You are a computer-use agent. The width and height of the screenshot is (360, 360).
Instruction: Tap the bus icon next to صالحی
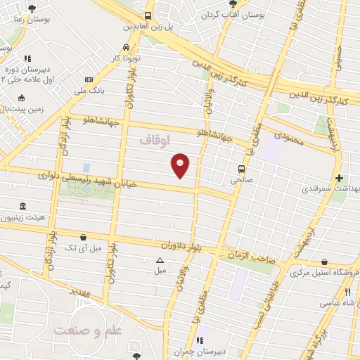pos(242,169)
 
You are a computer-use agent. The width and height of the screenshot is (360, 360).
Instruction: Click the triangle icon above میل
pos(160,259)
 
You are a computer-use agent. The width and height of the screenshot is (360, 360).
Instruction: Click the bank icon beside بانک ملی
pos(88,79)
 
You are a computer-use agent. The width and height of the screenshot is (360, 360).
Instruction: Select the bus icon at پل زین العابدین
pos(148,16)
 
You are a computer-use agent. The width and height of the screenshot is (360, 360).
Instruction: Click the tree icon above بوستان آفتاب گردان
pos(233,4)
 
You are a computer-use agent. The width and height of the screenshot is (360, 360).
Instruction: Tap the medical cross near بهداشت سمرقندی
pos(340,179)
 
